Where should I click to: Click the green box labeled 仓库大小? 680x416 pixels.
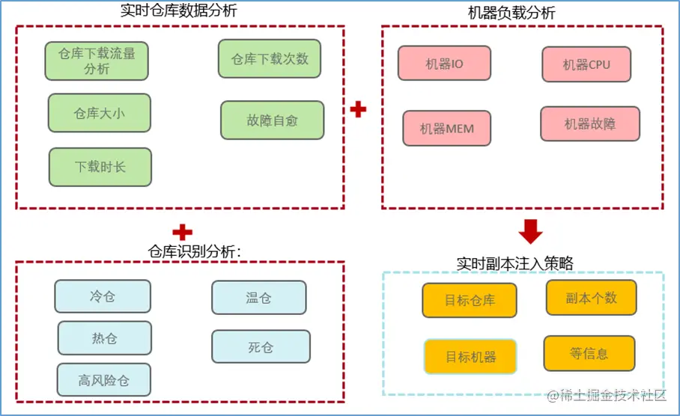[99, 113]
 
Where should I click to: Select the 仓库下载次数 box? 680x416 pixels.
[270, 58]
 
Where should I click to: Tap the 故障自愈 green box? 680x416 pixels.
[272, 120]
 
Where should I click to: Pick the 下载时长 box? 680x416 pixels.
[100, 166]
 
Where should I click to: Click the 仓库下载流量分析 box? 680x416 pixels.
[96, 61]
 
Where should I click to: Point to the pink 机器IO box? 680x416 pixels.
[444, 64]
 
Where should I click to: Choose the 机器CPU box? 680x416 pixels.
[586, 64]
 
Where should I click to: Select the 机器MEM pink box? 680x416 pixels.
[447, 128]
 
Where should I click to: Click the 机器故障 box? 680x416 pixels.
[590, 123]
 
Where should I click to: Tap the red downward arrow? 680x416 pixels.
[530, 232]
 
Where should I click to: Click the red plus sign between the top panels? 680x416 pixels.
[359, 110]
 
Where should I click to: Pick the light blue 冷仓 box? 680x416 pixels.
[102, 296]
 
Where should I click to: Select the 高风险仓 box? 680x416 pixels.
[104, 379]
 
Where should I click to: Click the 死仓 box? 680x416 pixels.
[261, 346]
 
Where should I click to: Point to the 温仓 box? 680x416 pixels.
[258, 297]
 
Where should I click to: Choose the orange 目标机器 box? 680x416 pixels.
[470, 356]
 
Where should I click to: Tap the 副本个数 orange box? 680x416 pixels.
[591, 297]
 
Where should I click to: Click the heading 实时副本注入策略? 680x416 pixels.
[514, 263]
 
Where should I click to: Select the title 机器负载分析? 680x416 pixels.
[521, 13]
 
